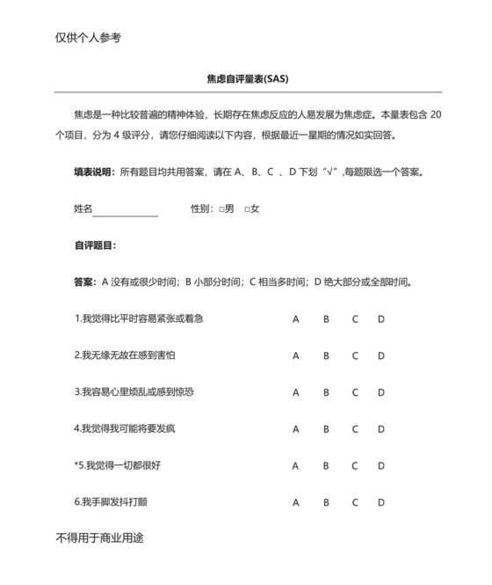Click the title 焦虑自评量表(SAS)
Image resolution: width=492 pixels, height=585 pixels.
pyautogui.click(x=247, y=78)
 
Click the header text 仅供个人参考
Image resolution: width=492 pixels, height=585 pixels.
pyautogui.click(x=88, y=37)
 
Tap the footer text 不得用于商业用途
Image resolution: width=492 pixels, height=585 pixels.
pyautogui.click(x=99, y=537)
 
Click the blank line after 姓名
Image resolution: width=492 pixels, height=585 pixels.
pyautogui.click(x=126, y=209)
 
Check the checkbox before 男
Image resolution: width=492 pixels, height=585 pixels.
pyautogui.click(x=221, y=209)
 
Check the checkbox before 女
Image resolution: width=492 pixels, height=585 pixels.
pyautogui.click(x=247, y=209)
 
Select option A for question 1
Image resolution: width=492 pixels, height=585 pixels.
pyautogui.click(x=296, y=318)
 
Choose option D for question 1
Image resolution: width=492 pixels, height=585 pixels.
pyautogui.click(x=381, y=318)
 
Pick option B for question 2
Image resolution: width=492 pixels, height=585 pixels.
pyautogui.click(x=326, y=355)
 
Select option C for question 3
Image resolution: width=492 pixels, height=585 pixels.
pyautogui.click(x=355, y=392)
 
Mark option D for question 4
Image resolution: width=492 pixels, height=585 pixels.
pyautogui.click(x=381, y=429)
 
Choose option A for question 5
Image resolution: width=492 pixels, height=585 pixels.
pyautogui.click(x=296, y=465)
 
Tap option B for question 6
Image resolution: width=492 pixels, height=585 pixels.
pyautogui.click(x=326, y=502)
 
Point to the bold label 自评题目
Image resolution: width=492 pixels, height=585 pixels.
pyautogui.click(x=94, y=245)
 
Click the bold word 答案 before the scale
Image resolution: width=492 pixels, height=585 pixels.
pyautogui.click(x=84, y=282)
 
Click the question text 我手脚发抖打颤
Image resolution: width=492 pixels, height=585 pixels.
pyautogui.click(x=115, y=502)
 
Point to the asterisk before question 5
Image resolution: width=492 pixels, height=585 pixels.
pyautogui.click(x=76, y=464)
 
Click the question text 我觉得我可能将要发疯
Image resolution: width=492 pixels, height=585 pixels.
pyautogui.click(x=128, y=429)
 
